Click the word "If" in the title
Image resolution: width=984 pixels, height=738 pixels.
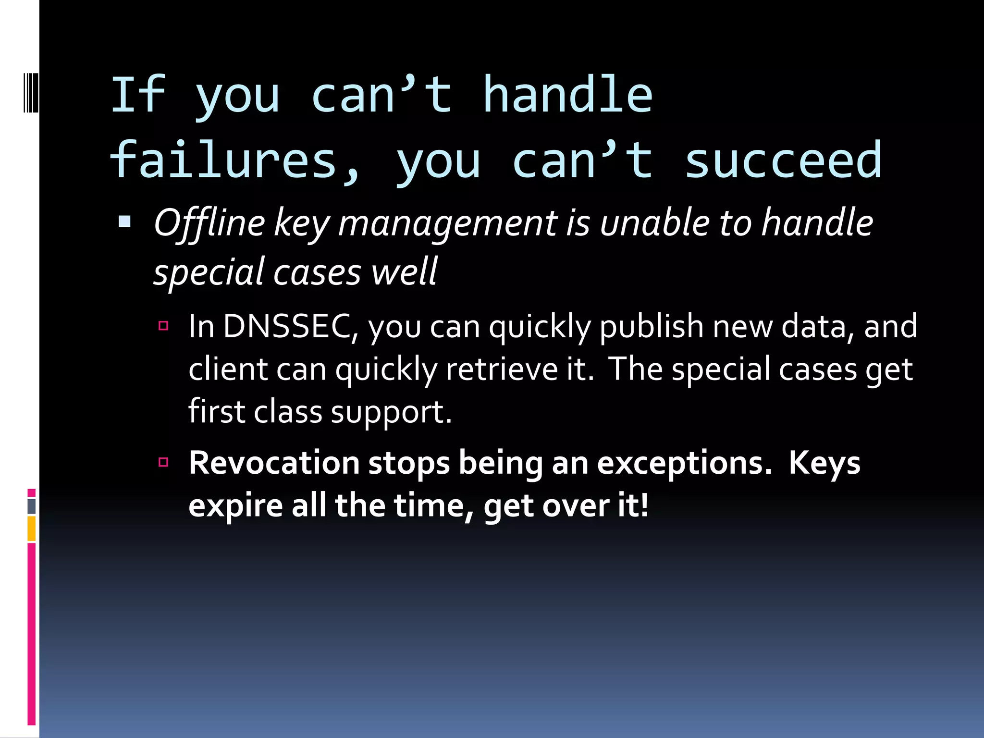[138, 95]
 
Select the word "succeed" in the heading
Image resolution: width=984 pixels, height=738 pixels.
[783, 161]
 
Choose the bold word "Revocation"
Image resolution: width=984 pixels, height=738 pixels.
[274, 463]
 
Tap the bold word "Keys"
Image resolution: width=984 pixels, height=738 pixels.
[824, 463]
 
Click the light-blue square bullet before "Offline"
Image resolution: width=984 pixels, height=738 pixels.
[124, 221]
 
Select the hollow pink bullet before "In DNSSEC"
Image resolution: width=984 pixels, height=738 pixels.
[163, 326]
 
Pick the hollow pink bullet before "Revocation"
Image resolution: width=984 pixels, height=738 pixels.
[163, 462]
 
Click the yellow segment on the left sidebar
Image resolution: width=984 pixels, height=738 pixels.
[31, 529]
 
